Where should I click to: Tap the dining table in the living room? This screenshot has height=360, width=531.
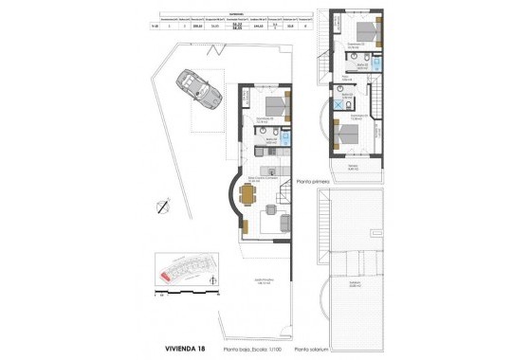click(x=248, y=194)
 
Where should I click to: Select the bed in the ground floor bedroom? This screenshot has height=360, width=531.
click(x=274, y=104)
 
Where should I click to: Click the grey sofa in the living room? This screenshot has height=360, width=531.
click(x=284, y=224)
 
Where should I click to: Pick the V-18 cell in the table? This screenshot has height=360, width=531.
click(x=156, y=29)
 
